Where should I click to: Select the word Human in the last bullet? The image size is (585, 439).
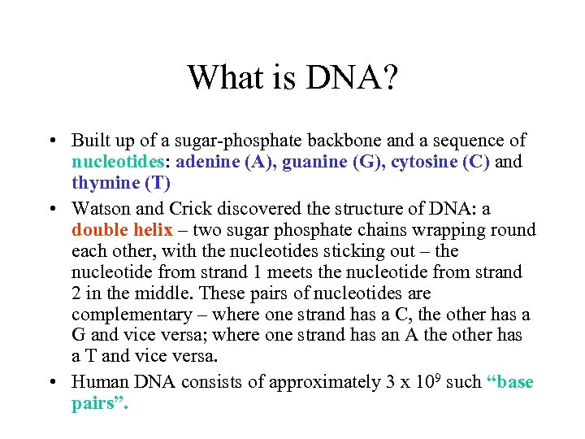97,382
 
